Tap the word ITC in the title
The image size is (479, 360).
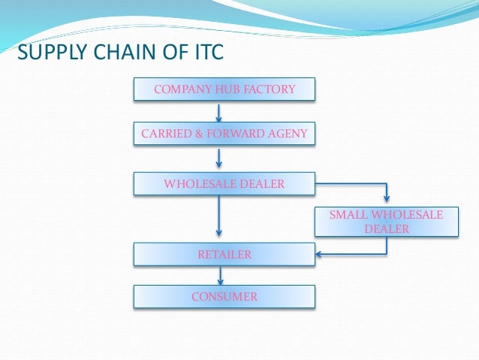[x=205, y=53]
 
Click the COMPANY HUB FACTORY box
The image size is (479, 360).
[x=224, y=90]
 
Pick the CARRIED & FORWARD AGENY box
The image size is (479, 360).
[x=224, y=135]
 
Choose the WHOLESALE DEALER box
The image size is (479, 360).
[x=224, y=183]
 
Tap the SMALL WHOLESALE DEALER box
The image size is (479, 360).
[x=386, y=222]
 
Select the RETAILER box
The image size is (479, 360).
[x=224, y=255]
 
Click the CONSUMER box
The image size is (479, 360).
[x=224, y=297]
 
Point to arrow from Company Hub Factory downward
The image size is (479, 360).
[x=218, y=112]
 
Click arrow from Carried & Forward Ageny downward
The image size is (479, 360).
[x=218, y=158]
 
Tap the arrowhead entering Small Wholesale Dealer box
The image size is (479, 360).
[x=386, y=199]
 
